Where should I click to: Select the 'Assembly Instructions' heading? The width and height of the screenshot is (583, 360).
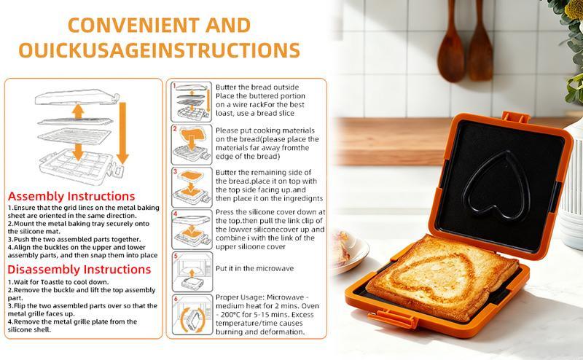point(71,197)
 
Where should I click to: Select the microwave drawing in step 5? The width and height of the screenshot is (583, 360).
point(191,270)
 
